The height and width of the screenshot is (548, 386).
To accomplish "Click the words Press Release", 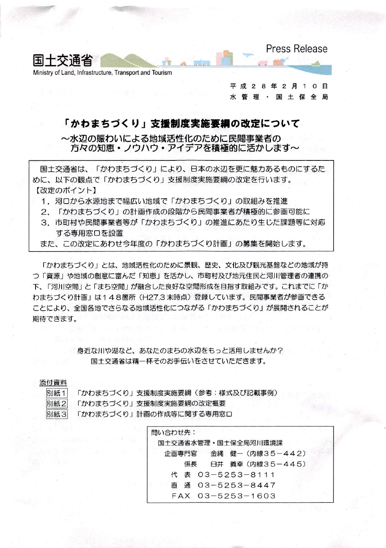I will click(296, 49).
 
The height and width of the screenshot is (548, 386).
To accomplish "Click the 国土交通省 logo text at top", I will click(63, 61).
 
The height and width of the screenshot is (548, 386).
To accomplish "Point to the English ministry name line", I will click(102, 73).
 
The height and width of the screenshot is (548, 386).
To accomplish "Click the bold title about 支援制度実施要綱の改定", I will click(181, 124).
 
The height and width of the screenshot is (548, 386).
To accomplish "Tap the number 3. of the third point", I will click(46, 222).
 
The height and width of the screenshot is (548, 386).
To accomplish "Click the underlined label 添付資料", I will click(53, 383).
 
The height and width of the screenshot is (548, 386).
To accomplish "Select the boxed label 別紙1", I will click(56, 393).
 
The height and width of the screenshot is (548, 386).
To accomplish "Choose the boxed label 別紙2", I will click(56, 403).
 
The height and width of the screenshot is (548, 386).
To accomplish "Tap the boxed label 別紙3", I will click(56, 414).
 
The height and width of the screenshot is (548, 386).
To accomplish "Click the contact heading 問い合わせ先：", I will click(173, 433).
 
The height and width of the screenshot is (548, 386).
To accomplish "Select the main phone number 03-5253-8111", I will click(237, 475).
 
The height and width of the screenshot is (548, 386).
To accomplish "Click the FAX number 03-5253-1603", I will click(237, 496).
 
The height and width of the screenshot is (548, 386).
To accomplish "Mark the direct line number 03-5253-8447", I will click(237, 485).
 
